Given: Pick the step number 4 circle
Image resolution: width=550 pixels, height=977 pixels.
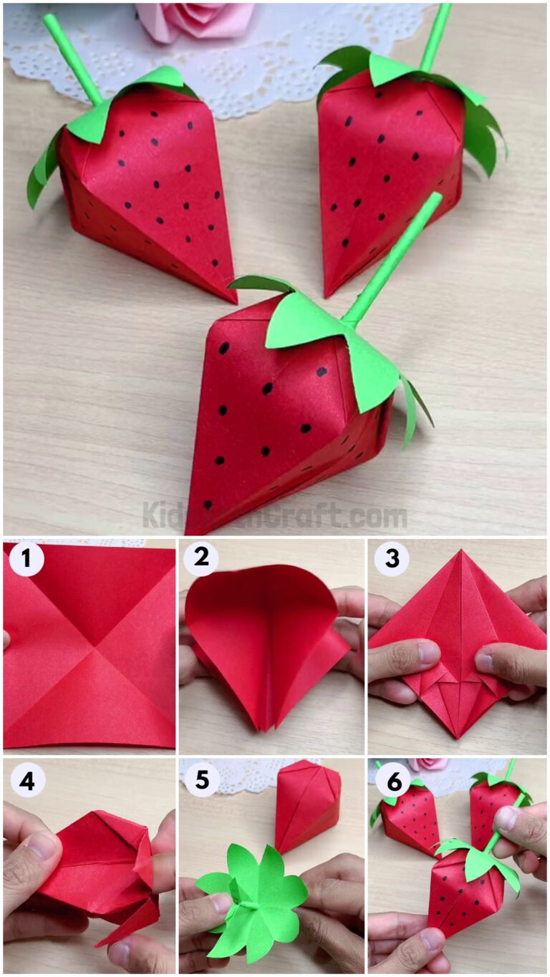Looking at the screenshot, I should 26,779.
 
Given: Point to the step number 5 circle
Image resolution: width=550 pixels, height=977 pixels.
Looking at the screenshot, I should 201,779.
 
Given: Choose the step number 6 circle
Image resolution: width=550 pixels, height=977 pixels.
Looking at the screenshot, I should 391,779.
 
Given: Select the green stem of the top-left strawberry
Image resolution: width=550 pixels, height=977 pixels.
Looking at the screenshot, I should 72,57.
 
